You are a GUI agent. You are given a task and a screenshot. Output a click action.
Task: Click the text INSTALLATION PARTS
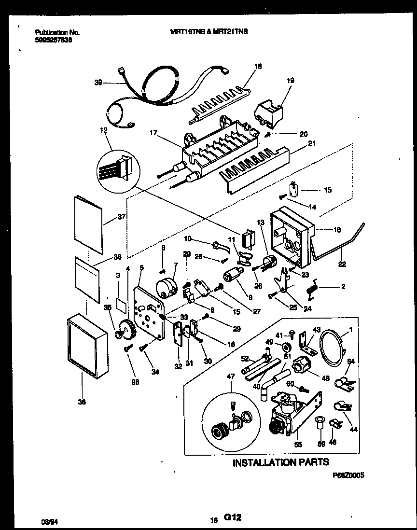281,462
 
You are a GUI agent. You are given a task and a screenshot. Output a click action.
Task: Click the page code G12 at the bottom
232,518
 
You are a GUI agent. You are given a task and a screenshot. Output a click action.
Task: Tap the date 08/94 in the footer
47,521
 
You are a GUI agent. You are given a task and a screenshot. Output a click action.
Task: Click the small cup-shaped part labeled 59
319,423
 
